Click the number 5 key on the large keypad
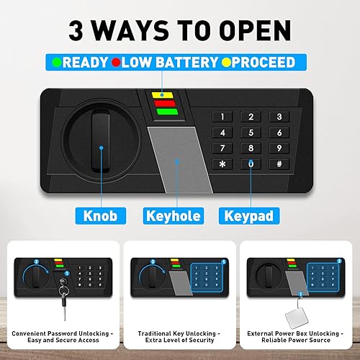point(250,132)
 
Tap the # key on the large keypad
point(274,164)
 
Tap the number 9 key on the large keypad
point(274,148)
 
